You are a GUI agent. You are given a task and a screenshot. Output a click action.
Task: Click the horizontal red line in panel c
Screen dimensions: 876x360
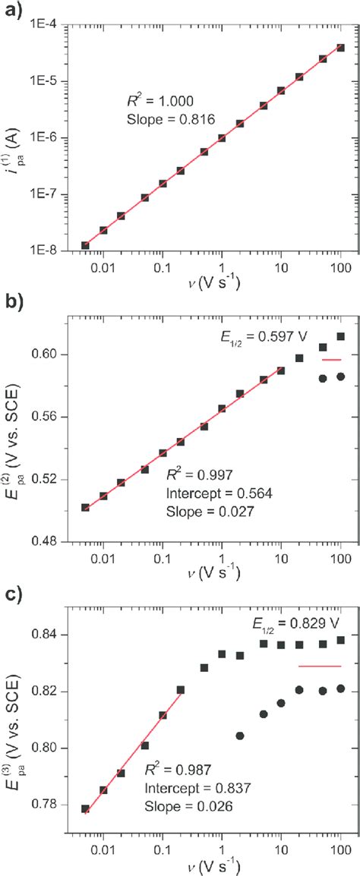pos(320,666)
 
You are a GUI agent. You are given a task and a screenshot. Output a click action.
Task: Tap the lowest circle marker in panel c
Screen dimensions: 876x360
pos(240,714)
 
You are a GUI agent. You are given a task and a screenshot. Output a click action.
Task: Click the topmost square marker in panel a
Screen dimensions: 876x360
pos(341,47)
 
